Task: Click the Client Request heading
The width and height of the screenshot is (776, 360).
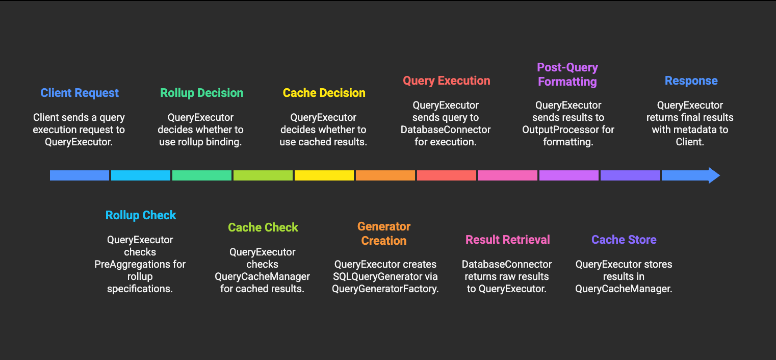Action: click(x=80, y=93)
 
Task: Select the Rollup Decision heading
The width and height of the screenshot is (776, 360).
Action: click(x=202, y=93)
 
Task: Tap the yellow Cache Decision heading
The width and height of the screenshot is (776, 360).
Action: click(x=324, y=93)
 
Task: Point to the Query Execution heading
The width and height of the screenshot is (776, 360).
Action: click(x=447, y=81)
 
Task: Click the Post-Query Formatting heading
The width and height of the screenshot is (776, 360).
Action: click(x=567, y=74)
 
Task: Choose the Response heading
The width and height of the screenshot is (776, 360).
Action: click(x=691, y=81)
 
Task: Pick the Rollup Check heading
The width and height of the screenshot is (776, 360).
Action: click(x=141, y=215)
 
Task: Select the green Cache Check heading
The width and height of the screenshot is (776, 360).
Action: click(x=263, y=227)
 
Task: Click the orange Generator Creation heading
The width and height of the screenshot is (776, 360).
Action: click(x=384, y=234)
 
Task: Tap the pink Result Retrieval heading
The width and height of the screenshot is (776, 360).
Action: click(x=508, y=240)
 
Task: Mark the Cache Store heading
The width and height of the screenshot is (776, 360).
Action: click(x=624, y=240)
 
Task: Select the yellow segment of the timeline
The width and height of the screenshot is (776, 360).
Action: click(x=324, y=175)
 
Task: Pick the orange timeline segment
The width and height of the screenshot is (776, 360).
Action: click(x=385, y=175)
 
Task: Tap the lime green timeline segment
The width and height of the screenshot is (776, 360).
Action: click(x=263, y=175)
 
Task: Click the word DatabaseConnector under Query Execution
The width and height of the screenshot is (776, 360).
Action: click(x=446, y=130)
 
